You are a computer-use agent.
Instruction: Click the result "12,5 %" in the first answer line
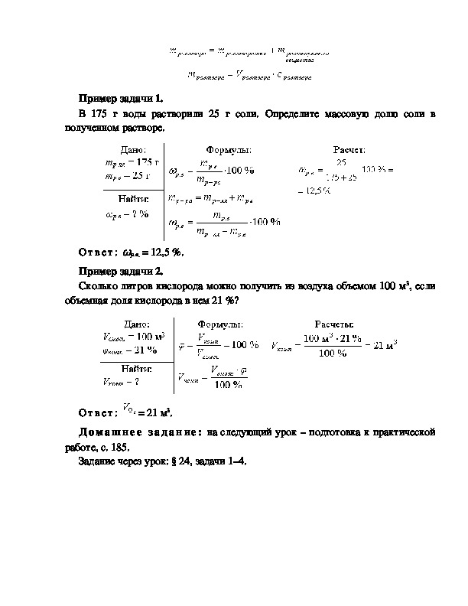tap(167, 252)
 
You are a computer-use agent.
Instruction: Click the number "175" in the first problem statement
tap(104, 114)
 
